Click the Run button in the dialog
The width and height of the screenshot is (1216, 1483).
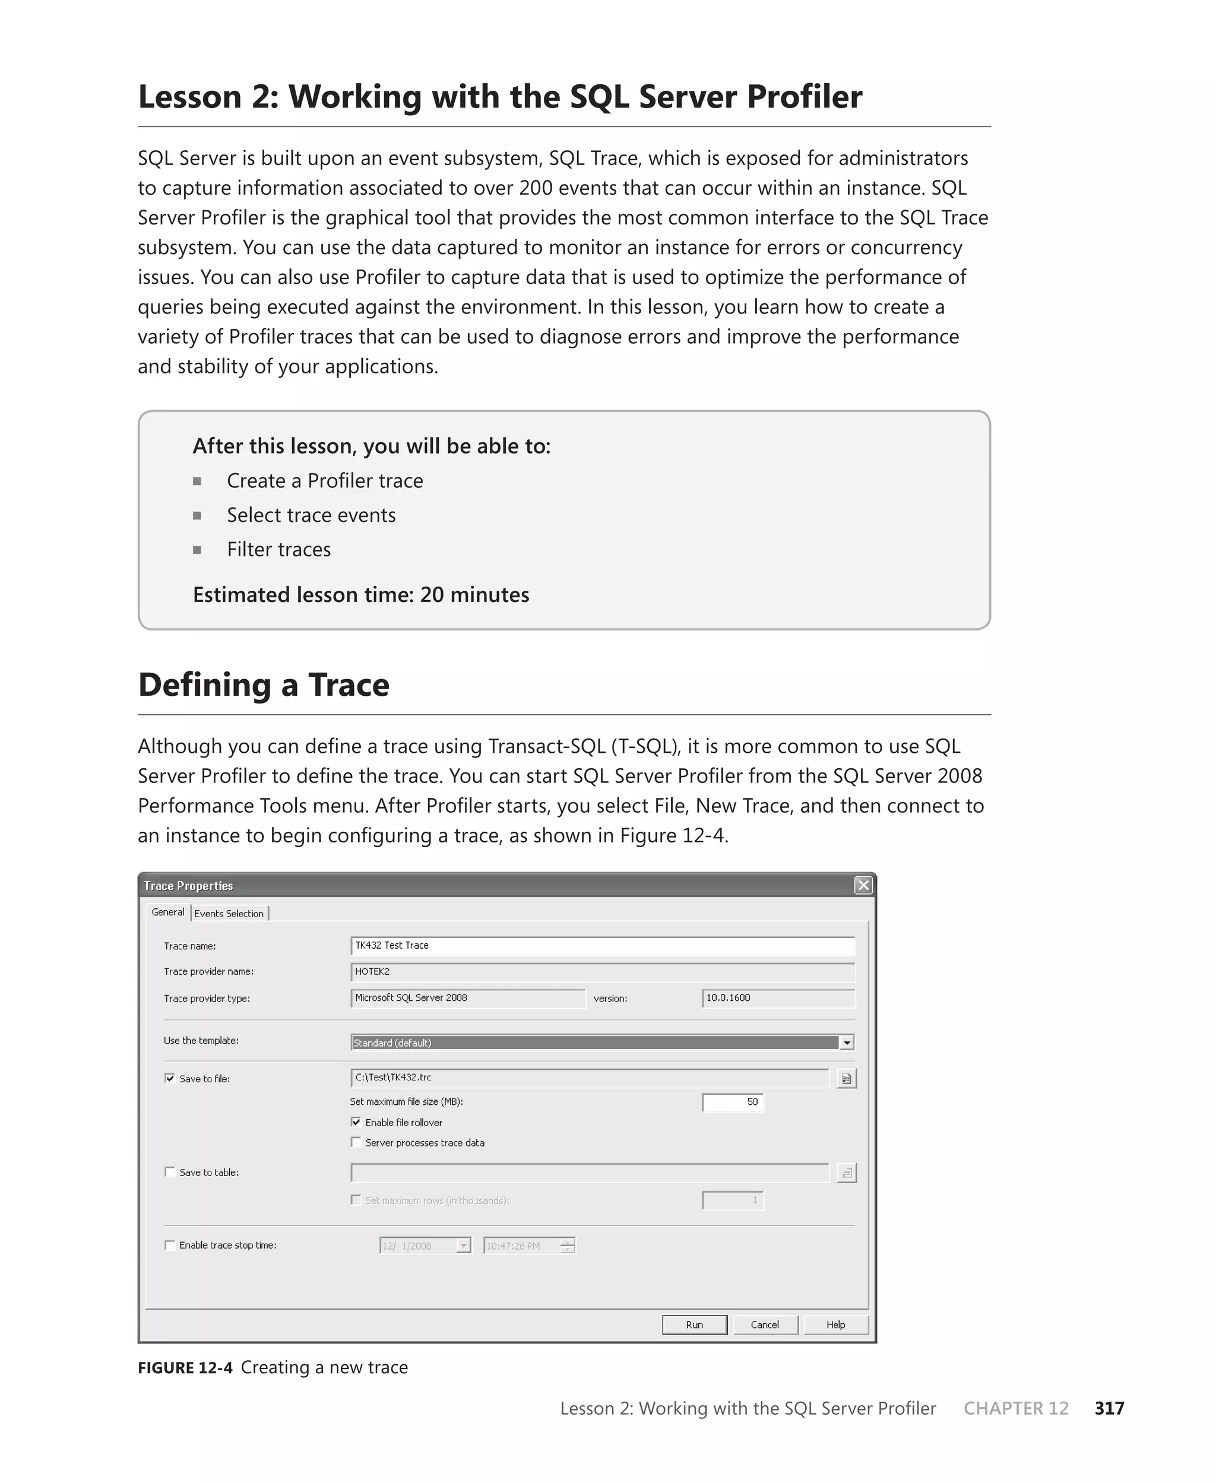tap(694, 1324)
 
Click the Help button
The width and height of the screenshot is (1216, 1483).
tap(835, 1324)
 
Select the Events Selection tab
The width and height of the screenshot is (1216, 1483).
tap(229, 913)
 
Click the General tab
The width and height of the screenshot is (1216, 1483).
tap(168, 912)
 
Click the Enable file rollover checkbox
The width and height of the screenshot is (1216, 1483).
tap(356, 1121)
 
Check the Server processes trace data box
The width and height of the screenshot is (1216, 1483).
tap(356, 1142)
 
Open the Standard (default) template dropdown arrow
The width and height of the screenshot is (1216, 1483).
tap(847, 1042)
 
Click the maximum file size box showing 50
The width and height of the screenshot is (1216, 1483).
tap(733, 1102)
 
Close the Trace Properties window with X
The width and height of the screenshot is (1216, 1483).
tap(864, 885)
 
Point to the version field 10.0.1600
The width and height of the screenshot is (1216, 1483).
tap(777, 998)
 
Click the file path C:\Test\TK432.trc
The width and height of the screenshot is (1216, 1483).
tap(588, 1078)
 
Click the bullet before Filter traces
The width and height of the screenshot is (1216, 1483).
tap(198, 550)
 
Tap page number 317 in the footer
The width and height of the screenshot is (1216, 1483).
tap(1110, 1408)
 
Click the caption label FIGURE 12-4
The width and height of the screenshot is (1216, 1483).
tap(185, 1367)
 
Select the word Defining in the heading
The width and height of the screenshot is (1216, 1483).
tap(204, 685)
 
